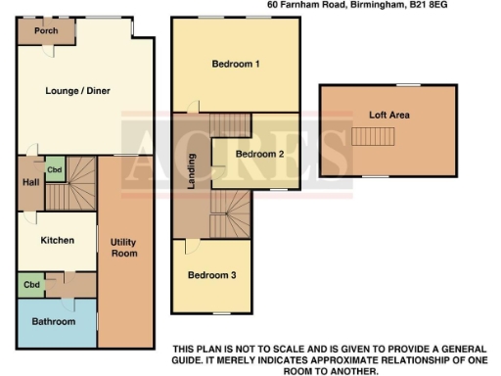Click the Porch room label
[x=45, y=30]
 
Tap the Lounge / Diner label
[x=78, y=91]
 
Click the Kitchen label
[x=58, y=240]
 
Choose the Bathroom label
[x=53, y=321]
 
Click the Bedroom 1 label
[x=236, y=66]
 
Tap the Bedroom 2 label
[x=259, y=155]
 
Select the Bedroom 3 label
[x=212, y=275]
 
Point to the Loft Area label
[x=388, y=115]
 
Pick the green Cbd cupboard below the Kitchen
[x=32, y=286]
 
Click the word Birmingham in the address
[x=381, y=6]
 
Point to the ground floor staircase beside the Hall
[x=70, y=186]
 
